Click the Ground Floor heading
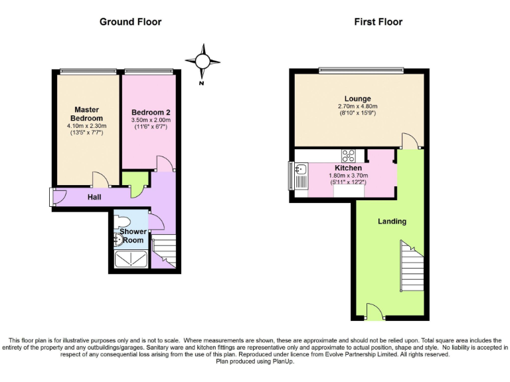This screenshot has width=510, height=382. coord(130,22)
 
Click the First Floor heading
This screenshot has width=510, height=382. coord(378,22)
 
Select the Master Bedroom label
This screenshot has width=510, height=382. coord(86,113)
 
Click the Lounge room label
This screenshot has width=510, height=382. coord(357,99)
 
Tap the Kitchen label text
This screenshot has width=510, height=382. coord(348,168)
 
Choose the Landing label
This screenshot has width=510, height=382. coord(392,221)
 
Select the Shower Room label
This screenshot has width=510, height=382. coord(133,235)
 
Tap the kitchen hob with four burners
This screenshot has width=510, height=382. coord(349,157)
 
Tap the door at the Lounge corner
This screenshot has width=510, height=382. coord(410,140)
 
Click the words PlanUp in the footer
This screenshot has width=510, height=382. coord(276,362)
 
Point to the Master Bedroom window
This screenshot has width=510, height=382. coord(87,72)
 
